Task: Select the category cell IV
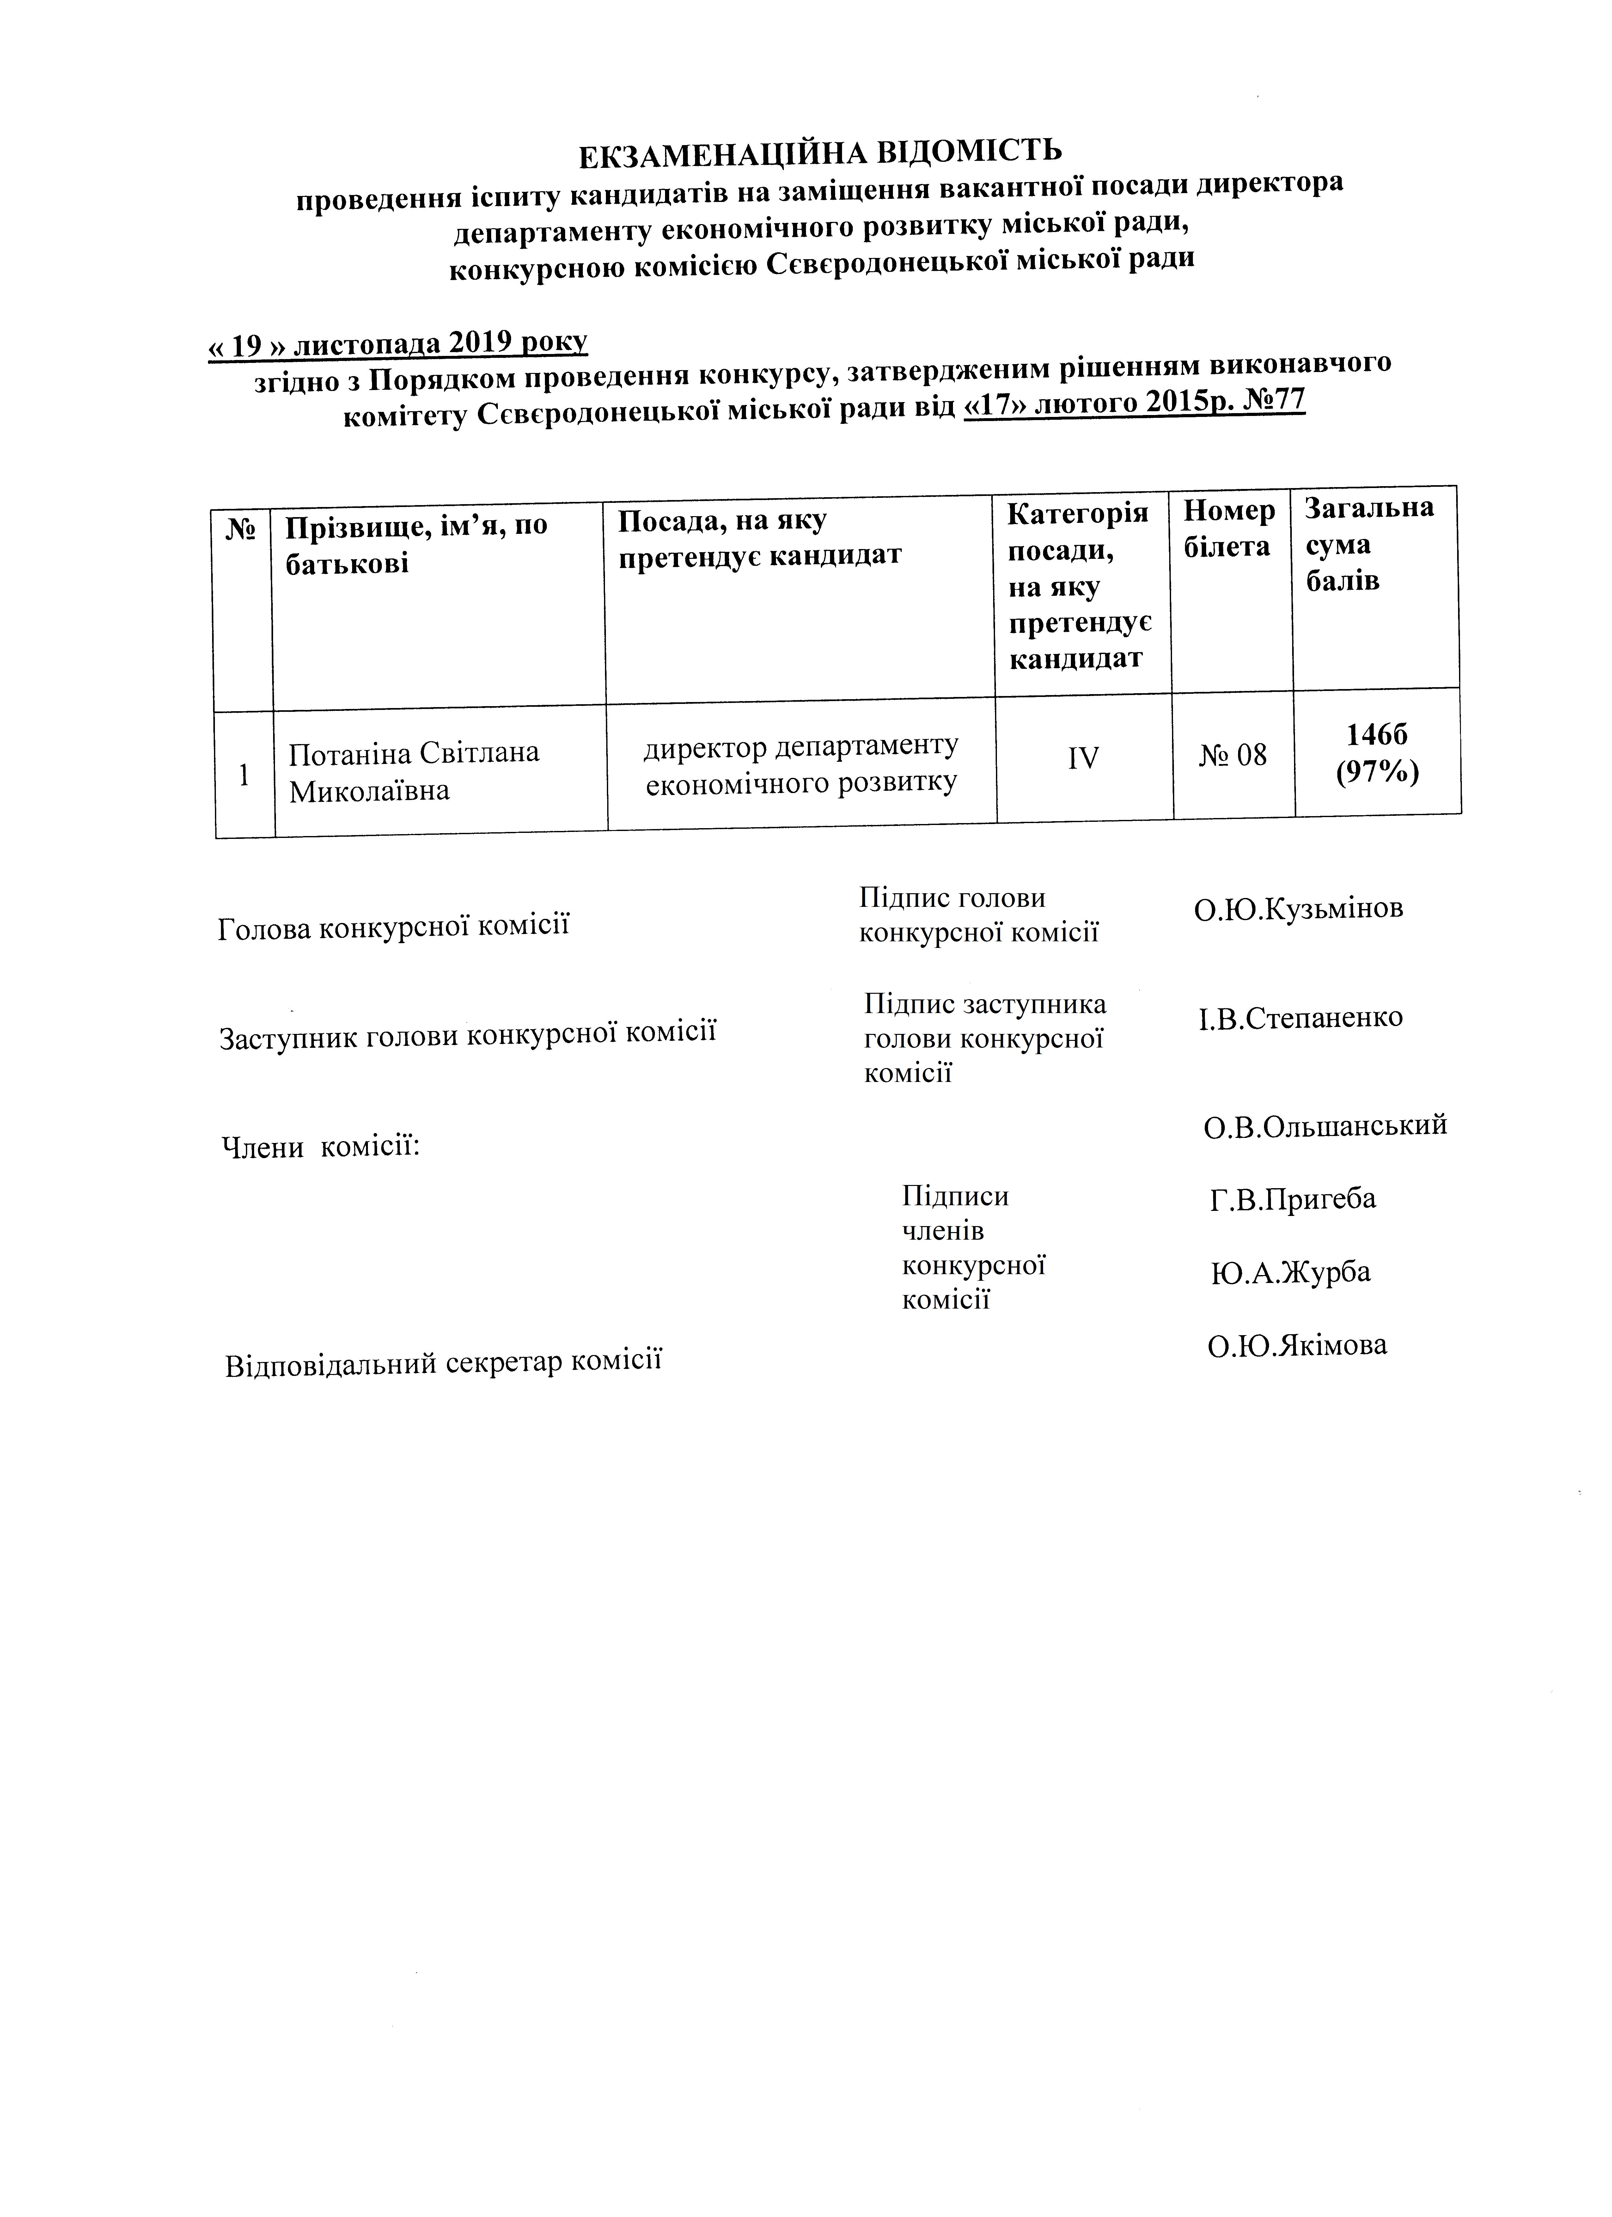[x=1083, y=757]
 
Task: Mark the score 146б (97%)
[x=1377, y=753]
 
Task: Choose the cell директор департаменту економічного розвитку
[x=801, y=763]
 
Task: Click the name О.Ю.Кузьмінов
[x=1297, y=908]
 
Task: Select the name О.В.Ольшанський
[x=1325, y=1126]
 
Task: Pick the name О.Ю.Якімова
[x=1296, y=1345]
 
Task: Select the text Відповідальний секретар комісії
[x=443, y=1363]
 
